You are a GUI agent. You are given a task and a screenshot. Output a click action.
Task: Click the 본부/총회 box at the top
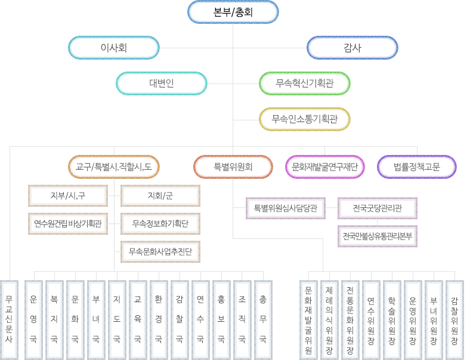click(233, 12)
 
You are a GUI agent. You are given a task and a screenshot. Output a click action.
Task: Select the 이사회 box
click(113, 48)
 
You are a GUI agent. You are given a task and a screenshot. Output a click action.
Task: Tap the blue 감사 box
click(352, 48)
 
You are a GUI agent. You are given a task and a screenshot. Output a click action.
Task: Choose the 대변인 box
click(161, 83)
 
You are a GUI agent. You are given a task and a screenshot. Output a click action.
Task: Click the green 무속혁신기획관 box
click(304, 83)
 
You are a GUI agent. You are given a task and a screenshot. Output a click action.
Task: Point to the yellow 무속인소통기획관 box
click(304, 119)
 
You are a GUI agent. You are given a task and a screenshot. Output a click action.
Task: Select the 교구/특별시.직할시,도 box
click(113, 167)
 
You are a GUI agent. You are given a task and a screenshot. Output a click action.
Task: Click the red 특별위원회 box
click(233, 167)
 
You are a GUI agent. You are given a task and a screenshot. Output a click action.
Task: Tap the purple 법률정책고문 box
click(417, 167)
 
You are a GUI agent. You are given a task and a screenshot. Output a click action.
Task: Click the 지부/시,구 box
click(67, 195)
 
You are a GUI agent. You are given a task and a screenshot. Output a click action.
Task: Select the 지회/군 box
click(160, 195)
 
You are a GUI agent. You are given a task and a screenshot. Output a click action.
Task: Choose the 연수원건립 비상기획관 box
click(67, 224)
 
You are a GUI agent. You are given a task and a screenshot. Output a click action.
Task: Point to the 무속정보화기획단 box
click(160, 224)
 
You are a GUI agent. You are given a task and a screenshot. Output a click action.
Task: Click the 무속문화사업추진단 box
click(160, 252)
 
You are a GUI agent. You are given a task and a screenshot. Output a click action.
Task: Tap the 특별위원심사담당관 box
click(285, 209)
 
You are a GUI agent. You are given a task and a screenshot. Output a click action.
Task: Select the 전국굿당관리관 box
click(378, 209)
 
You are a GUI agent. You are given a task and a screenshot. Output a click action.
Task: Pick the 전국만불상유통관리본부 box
click(378, 236)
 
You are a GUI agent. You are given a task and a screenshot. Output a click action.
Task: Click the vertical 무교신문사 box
click(9, 319)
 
